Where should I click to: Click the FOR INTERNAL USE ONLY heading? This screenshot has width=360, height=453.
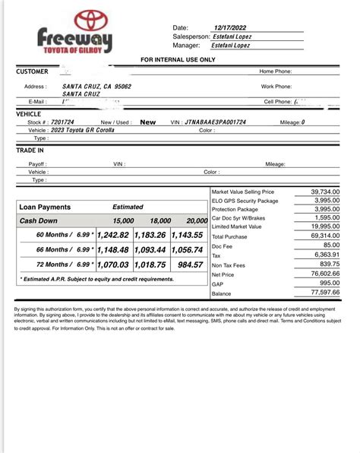tap(178, 59)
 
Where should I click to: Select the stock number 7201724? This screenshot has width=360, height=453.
tap(62, 122)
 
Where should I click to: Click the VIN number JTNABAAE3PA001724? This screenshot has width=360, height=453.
tap(226, 122)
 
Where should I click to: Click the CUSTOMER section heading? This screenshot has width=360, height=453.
tap(32, 71)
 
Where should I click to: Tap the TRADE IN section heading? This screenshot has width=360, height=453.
tap(30, 150)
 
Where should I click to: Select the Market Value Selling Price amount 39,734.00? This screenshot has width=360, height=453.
tap(325, 192)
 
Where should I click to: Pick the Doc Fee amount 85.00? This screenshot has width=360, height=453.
tap(330, 245)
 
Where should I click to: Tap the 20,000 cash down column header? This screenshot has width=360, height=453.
tap(196, 220)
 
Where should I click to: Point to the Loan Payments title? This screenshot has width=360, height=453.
tap(45, 207)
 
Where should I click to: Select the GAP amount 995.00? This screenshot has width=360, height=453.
tap(329, 283)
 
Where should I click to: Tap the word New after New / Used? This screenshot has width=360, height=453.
tap(148, 122)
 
